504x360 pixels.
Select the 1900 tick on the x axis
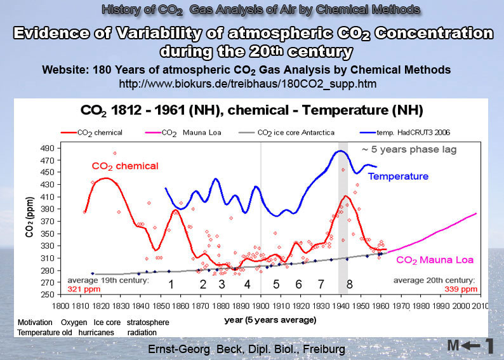click(260, 305)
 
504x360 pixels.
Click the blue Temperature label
click(399, 176)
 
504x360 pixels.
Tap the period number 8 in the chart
click(349, 284)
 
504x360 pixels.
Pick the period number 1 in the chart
click(171, 284)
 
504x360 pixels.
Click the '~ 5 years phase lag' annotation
click(400, 150)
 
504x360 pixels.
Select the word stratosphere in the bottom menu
click(148, 323)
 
